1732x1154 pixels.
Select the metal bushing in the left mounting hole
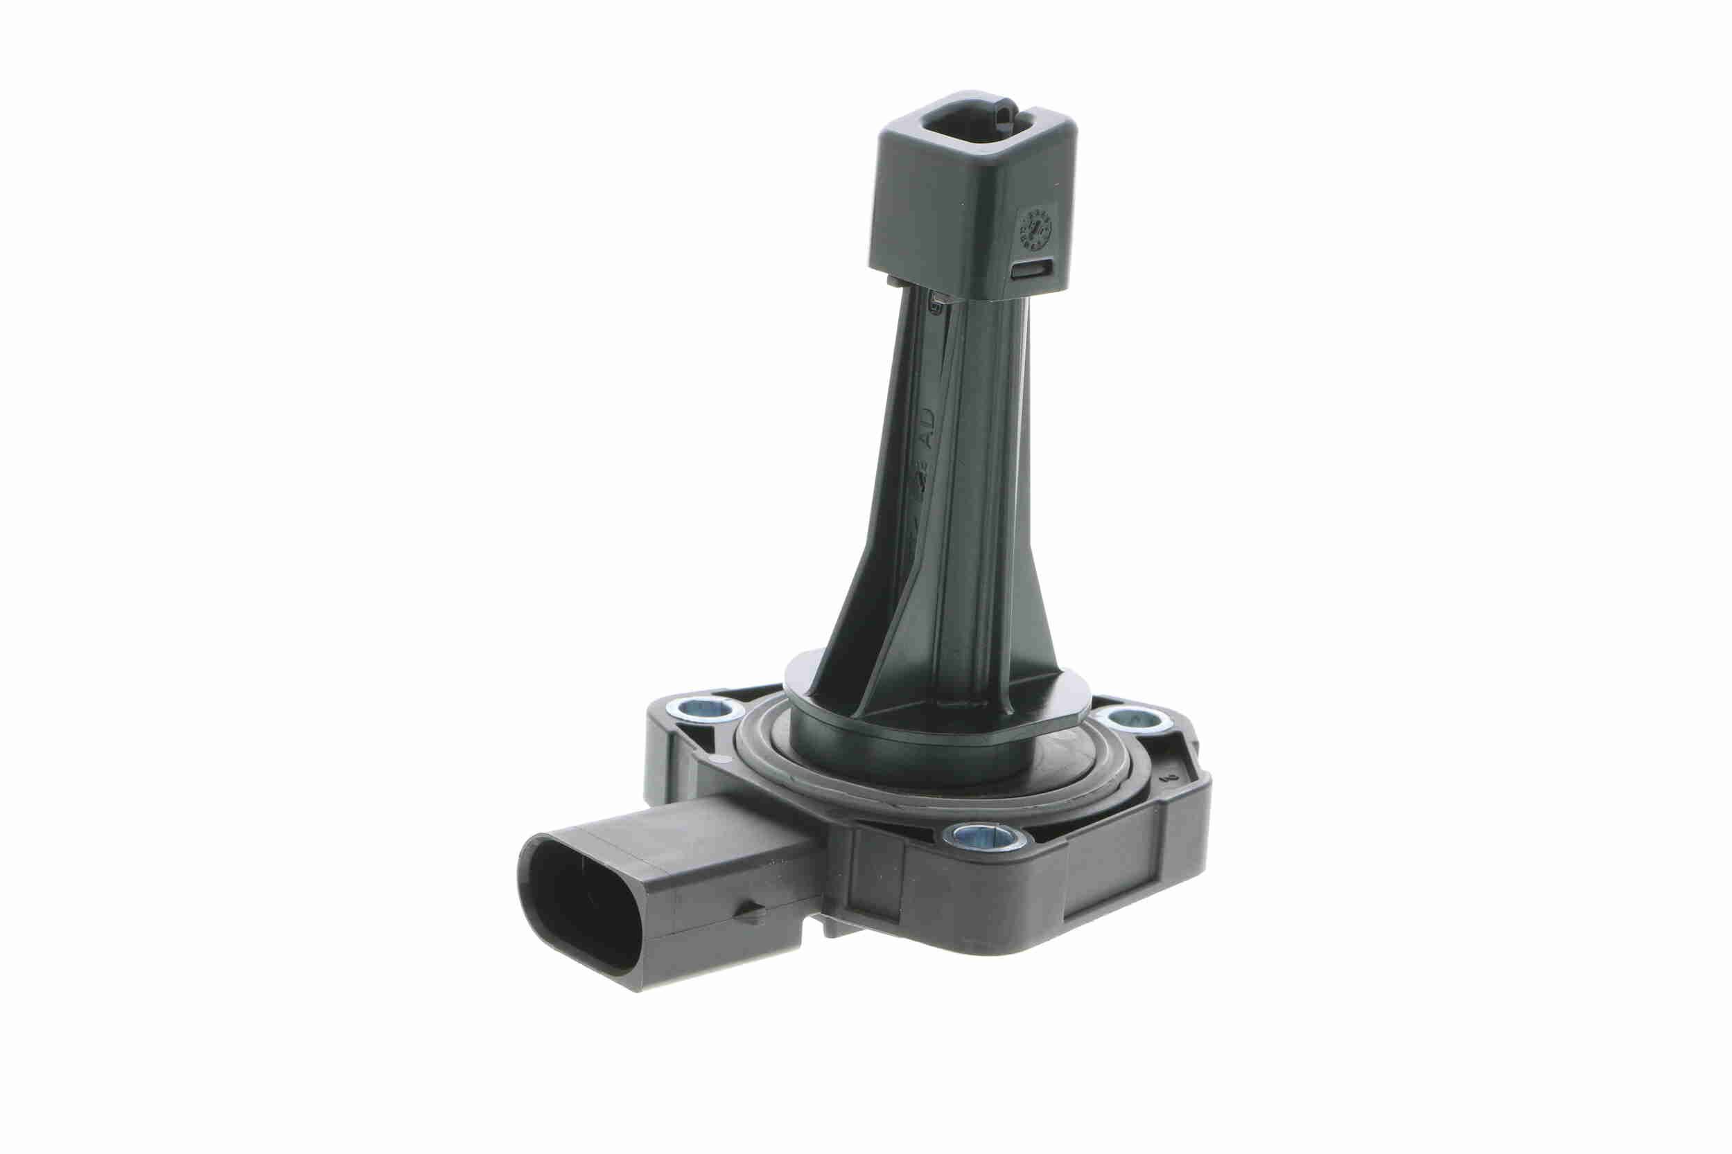tap(707, 710)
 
